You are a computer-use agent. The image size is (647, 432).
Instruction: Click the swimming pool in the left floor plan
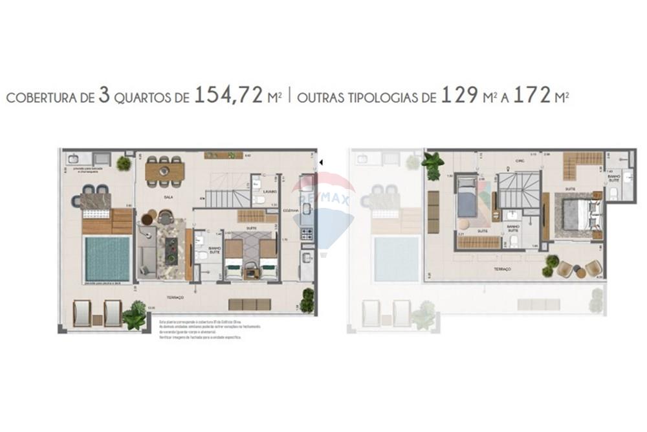tap(107, 258)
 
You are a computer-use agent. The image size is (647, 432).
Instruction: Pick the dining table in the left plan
tap(164, 171)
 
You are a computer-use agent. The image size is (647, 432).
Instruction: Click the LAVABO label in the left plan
tap(270, 192)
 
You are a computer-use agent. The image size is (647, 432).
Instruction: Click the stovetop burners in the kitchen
tap(307, 234)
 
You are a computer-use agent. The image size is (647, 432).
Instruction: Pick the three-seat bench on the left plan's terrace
tap(250, 304)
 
